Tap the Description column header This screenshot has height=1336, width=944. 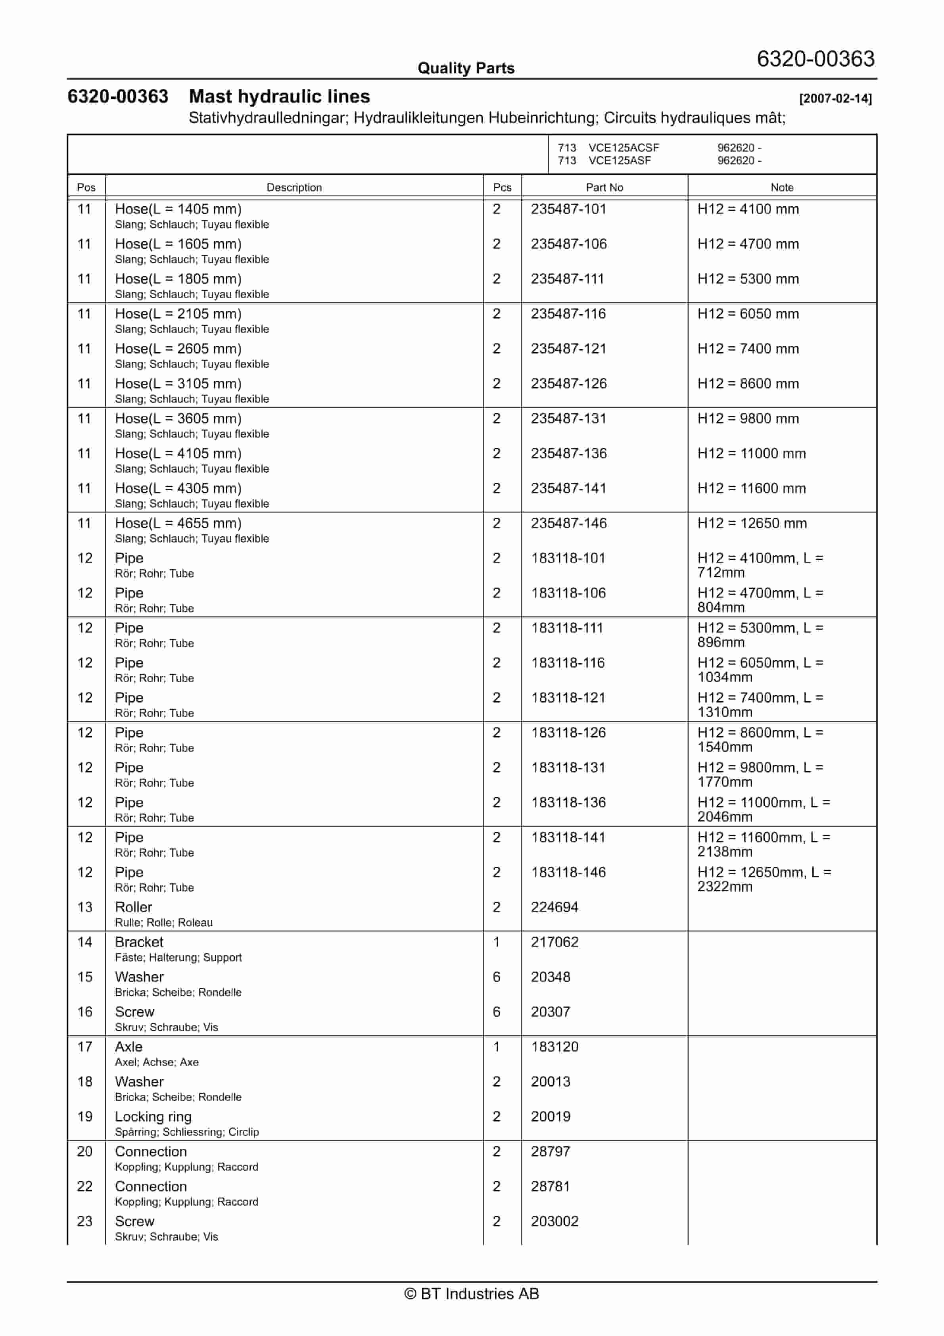294,187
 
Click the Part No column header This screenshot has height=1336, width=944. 604,187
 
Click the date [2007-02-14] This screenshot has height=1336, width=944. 835,98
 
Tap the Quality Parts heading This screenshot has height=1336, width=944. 466,68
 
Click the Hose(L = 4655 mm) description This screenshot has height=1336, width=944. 178,523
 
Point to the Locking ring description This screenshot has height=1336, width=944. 153,1116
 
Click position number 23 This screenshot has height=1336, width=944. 85,1221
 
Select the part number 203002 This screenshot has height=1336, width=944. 554,1221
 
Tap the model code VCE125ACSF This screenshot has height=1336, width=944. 624,148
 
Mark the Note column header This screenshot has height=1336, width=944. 782,187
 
